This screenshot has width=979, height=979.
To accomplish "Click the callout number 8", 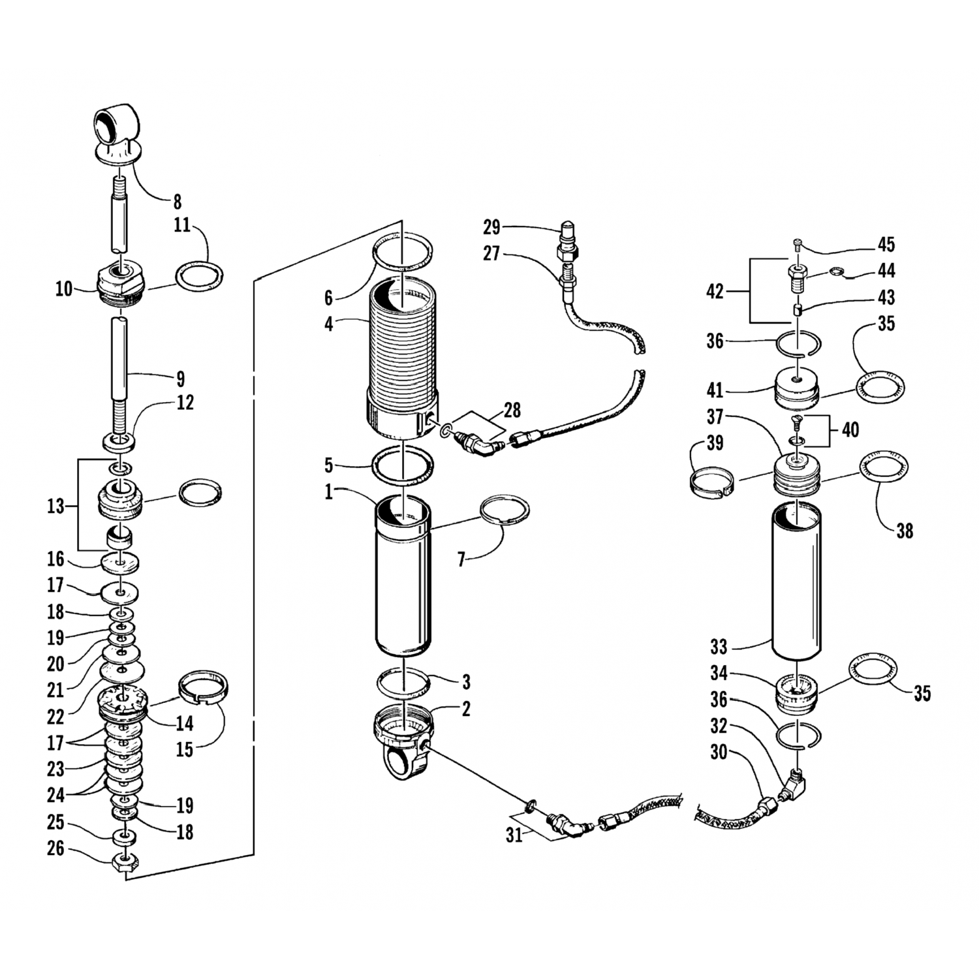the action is coord(177,202).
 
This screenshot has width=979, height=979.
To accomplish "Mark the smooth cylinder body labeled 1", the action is coord(403,581).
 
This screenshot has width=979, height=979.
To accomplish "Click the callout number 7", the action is coord(461,560).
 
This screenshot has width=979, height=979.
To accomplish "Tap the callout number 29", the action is coord(491,227).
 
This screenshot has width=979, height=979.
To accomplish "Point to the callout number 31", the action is coord(514,834).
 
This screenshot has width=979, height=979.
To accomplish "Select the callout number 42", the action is coord(715,291).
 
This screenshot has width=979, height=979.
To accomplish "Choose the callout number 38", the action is coord(904,531).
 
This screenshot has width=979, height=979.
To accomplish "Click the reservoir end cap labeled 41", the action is coord(797,389).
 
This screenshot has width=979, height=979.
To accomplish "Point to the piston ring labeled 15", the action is coord(204,687).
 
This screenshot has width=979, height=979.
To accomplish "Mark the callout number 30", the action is coord(719,752).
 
